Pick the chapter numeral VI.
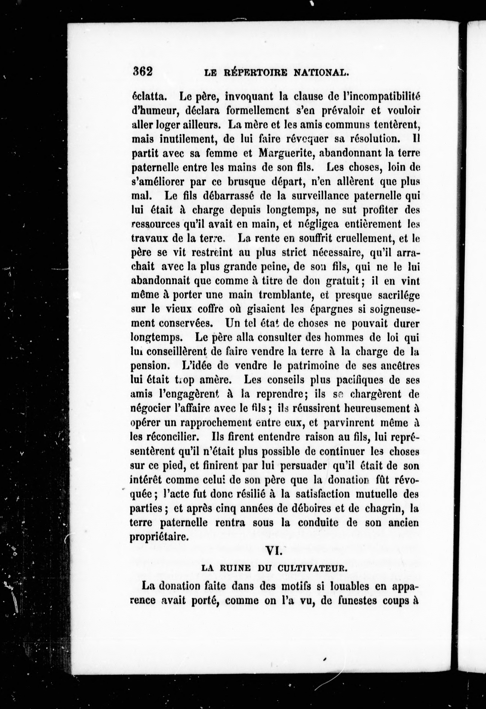click(x=274, y=551)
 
